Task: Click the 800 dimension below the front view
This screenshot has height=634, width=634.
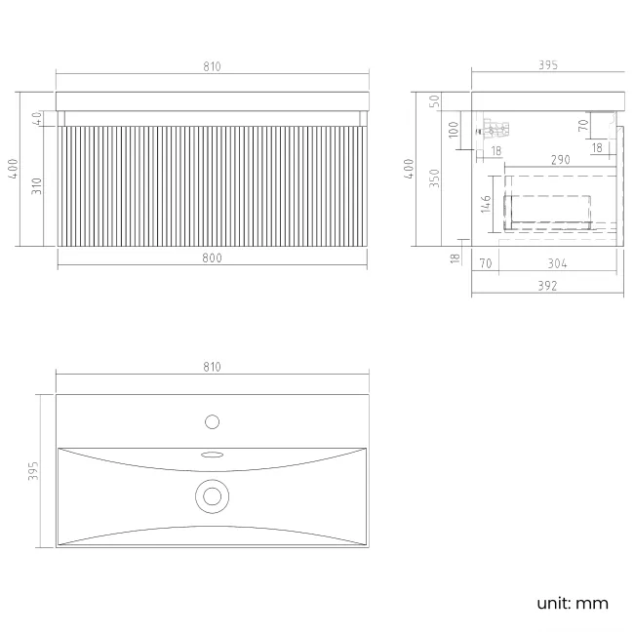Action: point(212,258)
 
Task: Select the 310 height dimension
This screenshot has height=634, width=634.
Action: point(37,186)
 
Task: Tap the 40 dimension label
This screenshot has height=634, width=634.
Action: point(37,118)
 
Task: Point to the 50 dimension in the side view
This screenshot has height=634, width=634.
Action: point(434,101)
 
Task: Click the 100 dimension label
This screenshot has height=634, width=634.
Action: point(454,130)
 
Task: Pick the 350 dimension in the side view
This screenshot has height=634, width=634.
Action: point(434,178)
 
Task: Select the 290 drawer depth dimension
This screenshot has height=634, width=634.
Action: point(561,160)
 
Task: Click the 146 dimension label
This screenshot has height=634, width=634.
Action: point(486,204)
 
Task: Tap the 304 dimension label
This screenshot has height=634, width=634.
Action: point(557,263)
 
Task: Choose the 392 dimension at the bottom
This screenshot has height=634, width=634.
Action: point(547,286)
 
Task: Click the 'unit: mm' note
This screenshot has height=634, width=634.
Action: point(573,603)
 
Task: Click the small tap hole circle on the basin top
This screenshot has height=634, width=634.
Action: point(212,421)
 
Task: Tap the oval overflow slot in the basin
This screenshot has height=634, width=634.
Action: point(213,455)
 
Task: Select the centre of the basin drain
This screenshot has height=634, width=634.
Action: point(212,496)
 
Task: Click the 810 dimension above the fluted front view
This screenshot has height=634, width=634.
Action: point(212,66)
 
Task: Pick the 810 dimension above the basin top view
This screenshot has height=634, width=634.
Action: point(212,367)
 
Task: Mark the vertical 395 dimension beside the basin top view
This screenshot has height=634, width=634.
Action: point(33,471)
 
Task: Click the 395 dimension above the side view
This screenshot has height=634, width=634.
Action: point(548,65)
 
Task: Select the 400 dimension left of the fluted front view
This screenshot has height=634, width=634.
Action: point(13,169)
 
